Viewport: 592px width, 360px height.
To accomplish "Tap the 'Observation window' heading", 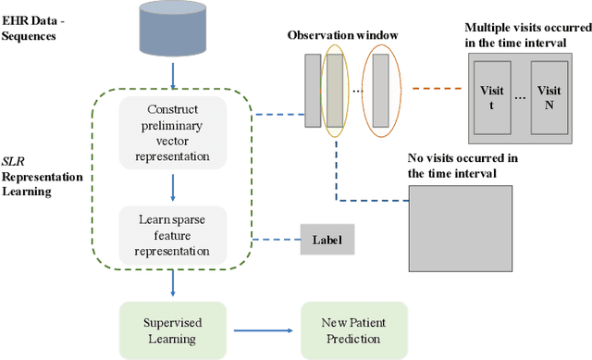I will click(x=342, y=36).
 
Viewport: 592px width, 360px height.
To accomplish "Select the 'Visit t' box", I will click(x=491, y=99).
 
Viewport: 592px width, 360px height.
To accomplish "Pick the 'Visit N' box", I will click(x=549, y=99).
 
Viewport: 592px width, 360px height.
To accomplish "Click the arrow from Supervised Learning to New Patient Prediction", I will click(x=265, y=328).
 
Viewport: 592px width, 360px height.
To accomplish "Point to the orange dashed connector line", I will click(x=438, y=89).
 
